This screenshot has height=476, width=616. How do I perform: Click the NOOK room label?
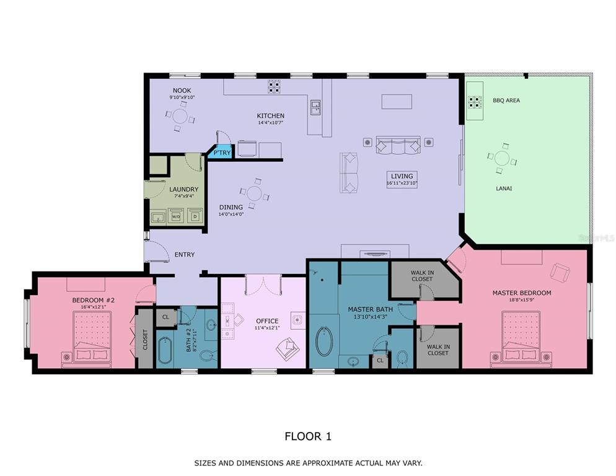tap(182, 90)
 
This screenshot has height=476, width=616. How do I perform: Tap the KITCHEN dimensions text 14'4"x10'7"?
tap(271, 123)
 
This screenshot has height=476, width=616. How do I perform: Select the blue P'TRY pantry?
tap(221, 152)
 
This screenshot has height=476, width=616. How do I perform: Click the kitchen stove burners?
tap(274, 87)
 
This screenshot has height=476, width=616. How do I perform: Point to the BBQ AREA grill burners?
tap(475, 102)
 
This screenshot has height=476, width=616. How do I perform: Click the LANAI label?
tap(504, 188)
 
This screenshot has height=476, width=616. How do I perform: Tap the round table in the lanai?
tap(502, 159)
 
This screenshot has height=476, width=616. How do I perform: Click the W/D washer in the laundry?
tap(176, 216)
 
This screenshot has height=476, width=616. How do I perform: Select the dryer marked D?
tap(195, 216)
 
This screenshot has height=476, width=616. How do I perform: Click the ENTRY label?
tap(185, 255)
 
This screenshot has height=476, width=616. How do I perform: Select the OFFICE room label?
tap(267, 321)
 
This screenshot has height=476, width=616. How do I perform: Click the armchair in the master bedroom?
tap(560, 272)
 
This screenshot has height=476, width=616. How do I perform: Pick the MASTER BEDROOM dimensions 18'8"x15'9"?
tap(522, 299)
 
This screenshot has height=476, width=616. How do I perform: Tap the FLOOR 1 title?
tap(308, 436)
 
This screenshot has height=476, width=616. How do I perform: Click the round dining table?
tap(255, 193)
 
